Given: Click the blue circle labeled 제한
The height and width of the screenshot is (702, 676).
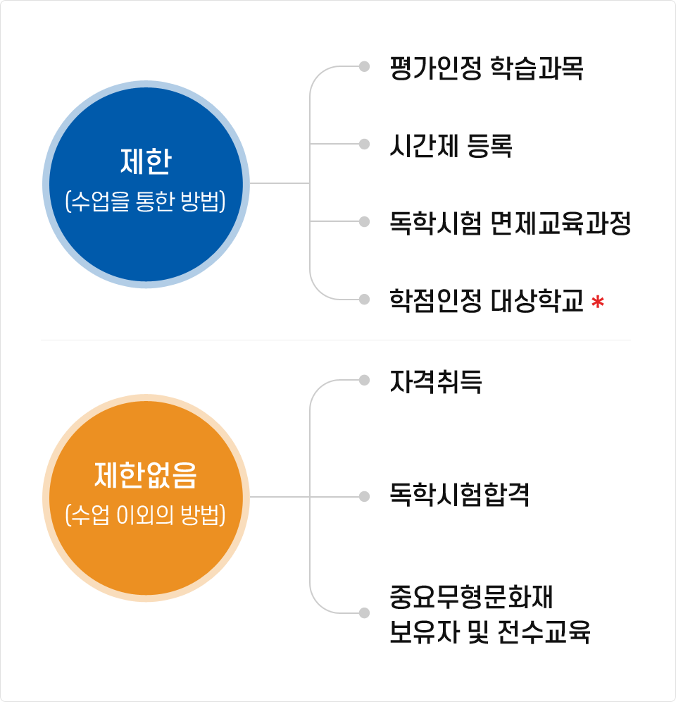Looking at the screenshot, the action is pyautogui.click(x=146, y=184).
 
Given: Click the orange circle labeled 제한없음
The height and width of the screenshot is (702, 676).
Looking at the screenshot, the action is pyautogui.click(x=146, y=498).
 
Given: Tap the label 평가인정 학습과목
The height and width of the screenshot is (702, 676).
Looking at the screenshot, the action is pyautogui.click(x=487, y=68).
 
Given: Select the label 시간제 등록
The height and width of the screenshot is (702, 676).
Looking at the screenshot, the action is pyautogui.click(x=451, y=146).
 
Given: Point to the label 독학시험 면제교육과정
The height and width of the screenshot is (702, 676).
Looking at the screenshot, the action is pyautogui.click(x=511, y=223).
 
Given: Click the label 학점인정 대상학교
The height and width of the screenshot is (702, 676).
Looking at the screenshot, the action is pyautogui.click(x=487, y=300).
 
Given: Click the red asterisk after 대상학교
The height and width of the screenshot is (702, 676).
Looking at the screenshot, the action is pyautogui.click(x=598, y=302).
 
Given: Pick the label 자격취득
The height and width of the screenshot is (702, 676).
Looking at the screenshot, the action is pyautogui.click(x=436, y=382).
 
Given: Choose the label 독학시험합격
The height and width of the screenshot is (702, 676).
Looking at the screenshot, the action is pyautogui.click(x=459, y=495).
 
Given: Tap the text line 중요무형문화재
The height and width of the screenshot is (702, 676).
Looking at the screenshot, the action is pyautogui.click(x=472, y=597).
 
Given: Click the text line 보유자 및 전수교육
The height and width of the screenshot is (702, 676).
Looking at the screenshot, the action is pyautogui.click(x=490, y=632).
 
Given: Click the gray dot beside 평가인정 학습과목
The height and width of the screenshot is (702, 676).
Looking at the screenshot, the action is pyautogui.click(x=364, y=67).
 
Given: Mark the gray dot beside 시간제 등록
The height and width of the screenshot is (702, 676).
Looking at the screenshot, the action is pyautogui.click(x=364, y=144).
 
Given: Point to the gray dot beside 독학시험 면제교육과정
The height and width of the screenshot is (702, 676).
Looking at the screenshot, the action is pyautogui.click(x=364, y=221).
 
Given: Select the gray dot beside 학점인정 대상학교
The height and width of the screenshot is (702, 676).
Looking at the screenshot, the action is pyautogui.click(x=364, y=299).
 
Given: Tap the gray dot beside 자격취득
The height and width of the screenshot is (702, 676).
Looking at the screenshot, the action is pyautogui.click(x=364, y=380).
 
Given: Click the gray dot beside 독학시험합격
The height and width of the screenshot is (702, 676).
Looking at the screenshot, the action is pyautogui.click(x=364, y=496).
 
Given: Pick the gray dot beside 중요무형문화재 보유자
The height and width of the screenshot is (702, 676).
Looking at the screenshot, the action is pyautogui.click(x=364, y=613).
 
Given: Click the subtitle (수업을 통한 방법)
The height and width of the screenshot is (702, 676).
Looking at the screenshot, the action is pyautogui.click(x=146, y=202).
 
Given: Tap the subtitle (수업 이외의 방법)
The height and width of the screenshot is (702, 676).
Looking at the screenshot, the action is pyautogui.click(x=146, y=515).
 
